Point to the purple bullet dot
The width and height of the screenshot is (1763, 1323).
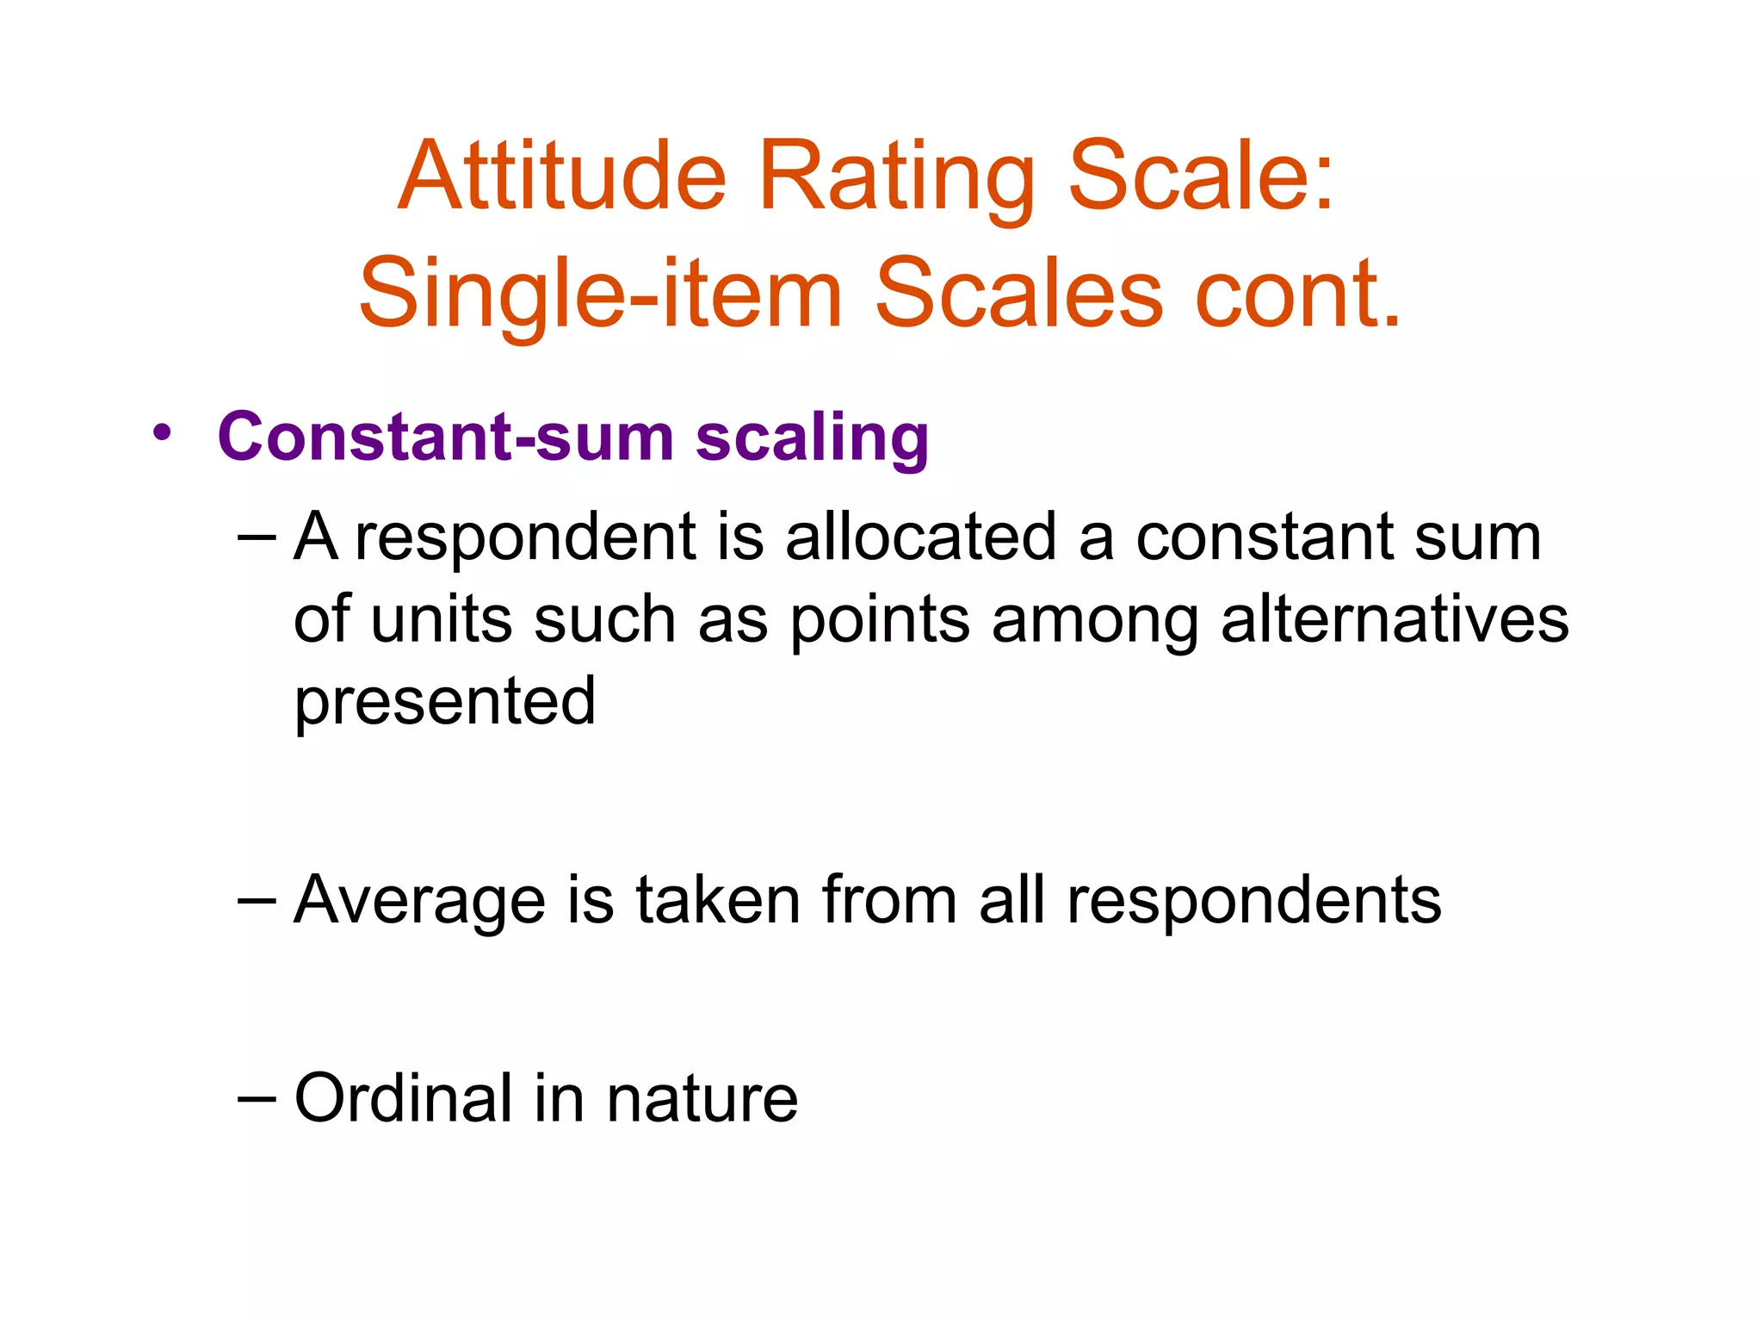[161, 433]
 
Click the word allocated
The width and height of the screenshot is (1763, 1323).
[920, 537]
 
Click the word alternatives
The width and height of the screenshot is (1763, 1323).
[1395, 620]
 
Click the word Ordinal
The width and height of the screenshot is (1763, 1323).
[404, 1098]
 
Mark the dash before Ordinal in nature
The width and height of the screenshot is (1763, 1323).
[256, 1098]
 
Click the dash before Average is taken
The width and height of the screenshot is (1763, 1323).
[256, 901]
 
